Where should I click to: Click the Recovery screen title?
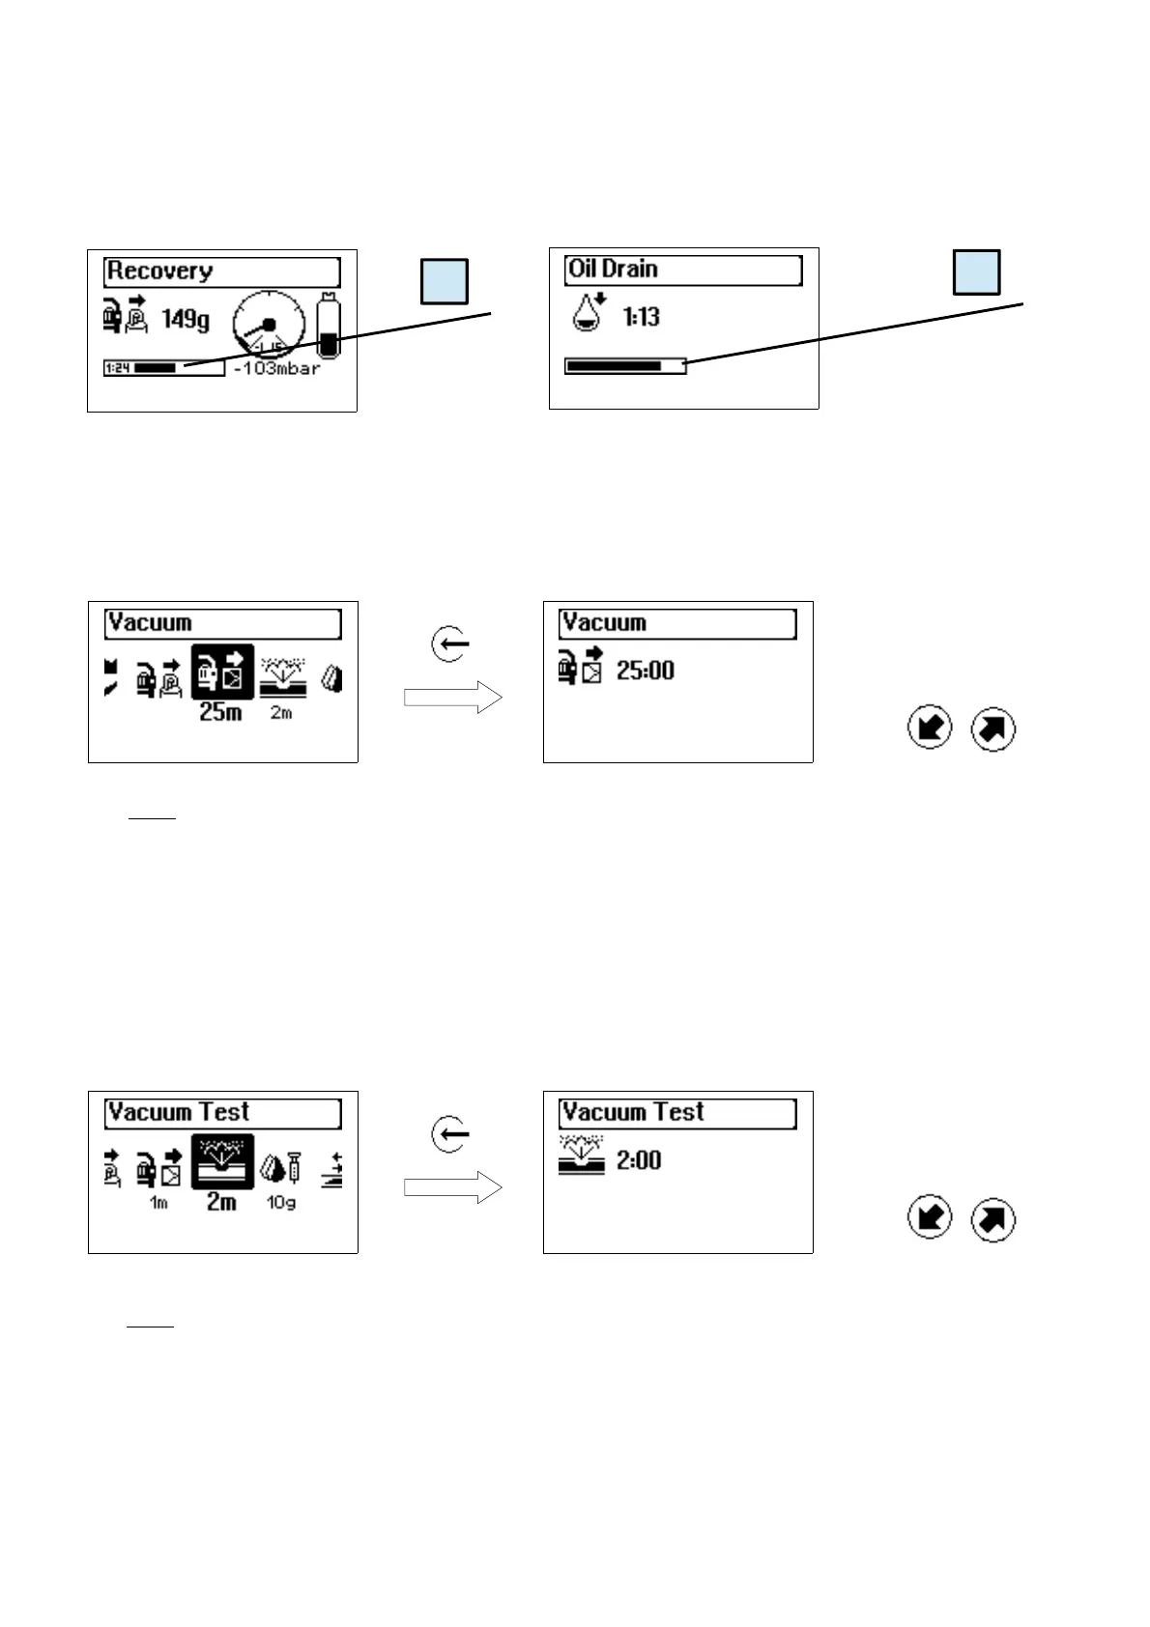click(x=221, y=271)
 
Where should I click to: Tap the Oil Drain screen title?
click(x=683, y=270)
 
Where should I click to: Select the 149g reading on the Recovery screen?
click(x=186, y=318)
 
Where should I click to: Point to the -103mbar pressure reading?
click(x=277, y=368)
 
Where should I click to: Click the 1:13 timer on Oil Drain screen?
click(x=641, y=316)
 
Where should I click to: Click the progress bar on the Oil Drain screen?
click(x=625, y=366)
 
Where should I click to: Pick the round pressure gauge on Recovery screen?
click(x=270, y=324)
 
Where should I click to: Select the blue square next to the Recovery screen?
click(x=445, y=281)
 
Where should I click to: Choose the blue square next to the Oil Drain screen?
click(x=976, y=271)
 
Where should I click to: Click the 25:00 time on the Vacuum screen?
click(x=646, y=671)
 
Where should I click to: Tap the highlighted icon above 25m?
click(x=222, y=671)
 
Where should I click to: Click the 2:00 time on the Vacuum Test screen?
click(x=639, y=1160)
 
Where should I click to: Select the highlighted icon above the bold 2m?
click(x=222, y=1161)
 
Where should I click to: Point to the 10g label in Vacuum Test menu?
click(x=281, y=1203)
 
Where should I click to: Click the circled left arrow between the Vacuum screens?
click(x=450, y=643)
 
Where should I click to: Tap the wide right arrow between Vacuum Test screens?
click(x=452, y=1187)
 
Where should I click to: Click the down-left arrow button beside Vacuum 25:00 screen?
click(x=930, y=728)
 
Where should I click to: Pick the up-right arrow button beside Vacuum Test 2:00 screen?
click(x=992, y=1219)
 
